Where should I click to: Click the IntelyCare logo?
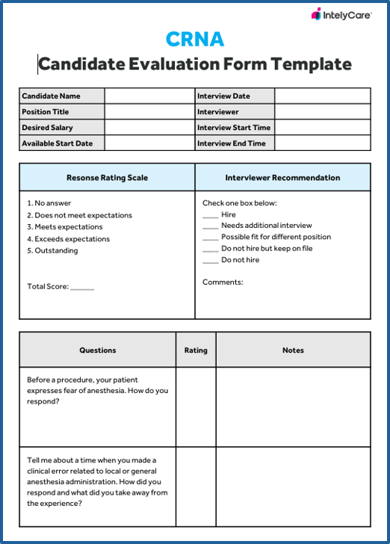pyautogui.click(x=341, y=14)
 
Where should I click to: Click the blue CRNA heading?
pyautogui.click(x=196, y=39)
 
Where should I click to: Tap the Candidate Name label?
pyautogui.click(x=51, y=96)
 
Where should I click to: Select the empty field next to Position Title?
pyautogui.click(x=149, y=112)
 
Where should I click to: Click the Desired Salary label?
pyautogui.click(x=47, y=128)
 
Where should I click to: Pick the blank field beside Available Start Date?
pyautogui.click(x=149, y=143)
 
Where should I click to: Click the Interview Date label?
pyautogui.click(x=223, y=96)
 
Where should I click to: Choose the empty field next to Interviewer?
pyautogui.click(x=322, y=112)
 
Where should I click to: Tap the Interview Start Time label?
pyautogui.click(x=234, y=128)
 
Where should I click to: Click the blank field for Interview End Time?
pyautogui.click(x=322, y=143)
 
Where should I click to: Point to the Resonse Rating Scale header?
pyautogui.click(x=107, y=178)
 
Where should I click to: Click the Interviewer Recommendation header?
pyautogui.click(x=282, y=178)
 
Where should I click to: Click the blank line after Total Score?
pyautogui.click(x=82, y=288)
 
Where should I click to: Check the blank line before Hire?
pyautogui.click(x=210, y=216)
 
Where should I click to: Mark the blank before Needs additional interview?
pyautogui.click(x=210, y=226)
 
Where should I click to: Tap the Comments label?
pyautogui.click(x=223, y=282)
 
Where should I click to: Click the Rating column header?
pyautogui.click(x=196, y=350)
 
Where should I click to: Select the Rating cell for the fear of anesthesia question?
pyautogui.click(x=196, y=407)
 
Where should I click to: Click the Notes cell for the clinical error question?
pyautogui.click(x=293, y=486)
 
